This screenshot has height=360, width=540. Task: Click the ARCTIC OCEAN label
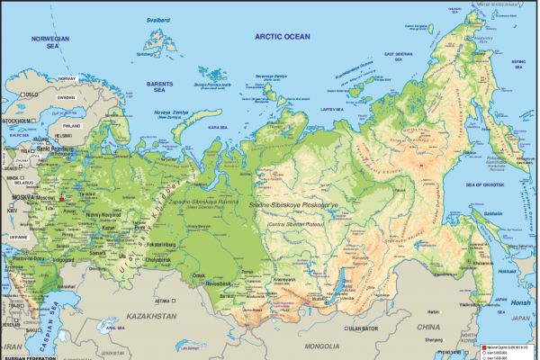coord(281,36)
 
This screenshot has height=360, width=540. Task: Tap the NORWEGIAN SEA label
coord(50,45)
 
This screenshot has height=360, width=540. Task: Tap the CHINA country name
coord(427,328)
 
